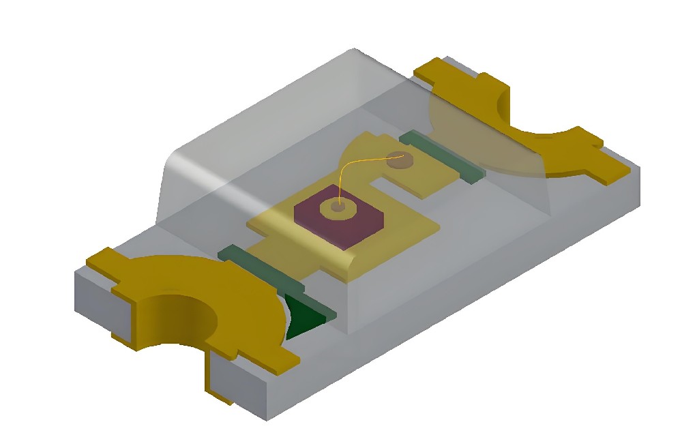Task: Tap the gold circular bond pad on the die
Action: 336,207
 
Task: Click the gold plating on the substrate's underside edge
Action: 219,393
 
